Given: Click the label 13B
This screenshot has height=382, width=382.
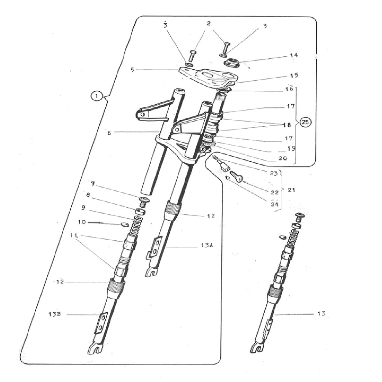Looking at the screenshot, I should point(55,315).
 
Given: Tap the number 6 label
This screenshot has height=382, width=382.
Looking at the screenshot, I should point(109,133).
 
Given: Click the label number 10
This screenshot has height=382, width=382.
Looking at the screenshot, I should point(82,222).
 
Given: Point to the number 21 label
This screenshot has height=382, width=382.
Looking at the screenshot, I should point(291,190).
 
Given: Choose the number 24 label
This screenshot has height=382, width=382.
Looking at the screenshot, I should point(275,204).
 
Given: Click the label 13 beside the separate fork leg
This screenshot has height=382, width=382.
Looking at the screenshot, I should point(321,314).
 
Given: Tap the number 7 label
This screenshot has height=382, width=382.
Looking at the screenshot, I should point(93,184).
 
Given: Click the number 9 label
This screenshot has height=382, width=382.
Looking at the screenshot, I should point(83,208).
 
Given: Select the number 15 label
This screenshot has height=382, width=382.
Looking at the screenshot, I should point(294,75).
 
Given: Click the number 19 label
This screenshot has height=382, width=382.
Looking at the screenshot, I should point(291,148).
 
